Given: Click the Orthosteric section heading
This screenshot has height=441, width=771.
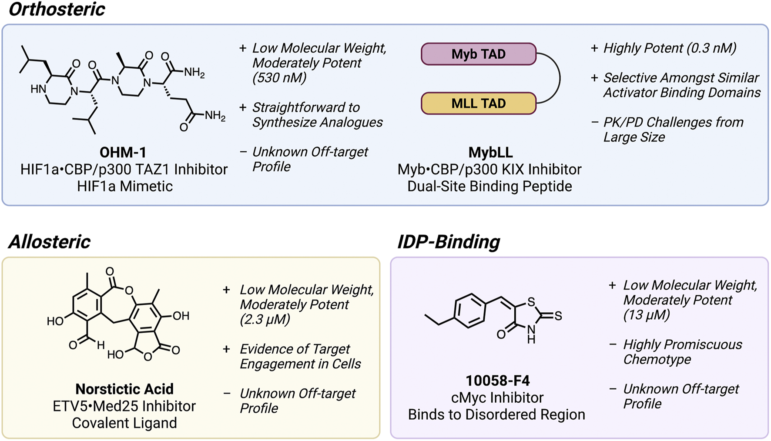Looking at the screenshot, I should tap(57, 10).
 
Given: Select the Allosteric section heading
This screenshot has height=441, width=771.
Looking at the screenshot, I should tap(49, 242).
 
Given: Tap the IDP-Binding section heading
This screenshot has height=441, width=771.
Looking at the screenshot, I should tap(449, 242).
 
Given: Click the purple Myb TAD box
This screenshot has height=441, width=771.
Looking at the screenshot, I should tap(478, 54).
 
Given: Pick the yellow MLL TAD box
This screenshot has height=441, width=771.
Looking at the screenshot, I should tap(478, 104).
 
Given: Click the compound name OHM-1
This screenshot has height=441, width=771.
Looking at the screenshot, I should tap(123, 153).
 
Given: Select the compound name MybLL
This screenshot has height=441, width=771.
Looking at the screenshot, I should tap(490, 153).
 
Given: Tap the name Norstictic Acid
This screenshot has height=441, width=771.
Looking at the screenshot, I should tap(124, 389).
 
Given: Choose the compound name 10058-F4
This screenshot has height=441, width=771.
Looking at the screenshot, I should tap(497, 381).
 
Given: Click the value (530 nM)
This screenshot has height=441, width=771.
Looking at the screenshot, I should tap(279, 78).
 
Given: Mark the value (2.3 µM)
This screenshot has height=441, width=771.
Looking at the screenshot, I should tap(265, 320).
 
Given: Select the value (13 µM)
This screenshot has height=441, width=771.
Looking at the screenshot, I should tap(647, 315).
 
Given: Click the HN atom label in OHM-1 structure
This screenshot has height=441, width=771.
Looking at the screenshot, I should tap(38, 90).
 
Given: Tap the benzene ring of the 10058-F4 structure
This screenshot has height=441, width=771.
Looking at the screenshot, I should tap(470, 311).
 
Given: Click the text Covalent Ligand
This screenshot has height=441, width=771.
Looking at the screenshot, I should tap(124, 423).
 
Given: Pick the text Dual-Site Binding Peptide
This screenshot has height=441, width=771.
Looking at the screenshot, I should tap(489, 187).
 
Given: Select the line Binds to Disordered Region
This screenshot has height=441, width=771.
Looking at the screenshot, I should tap(496, 415).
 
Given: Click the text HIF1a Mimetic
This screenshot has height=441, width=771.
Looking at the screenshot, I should tap(125, 187).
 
